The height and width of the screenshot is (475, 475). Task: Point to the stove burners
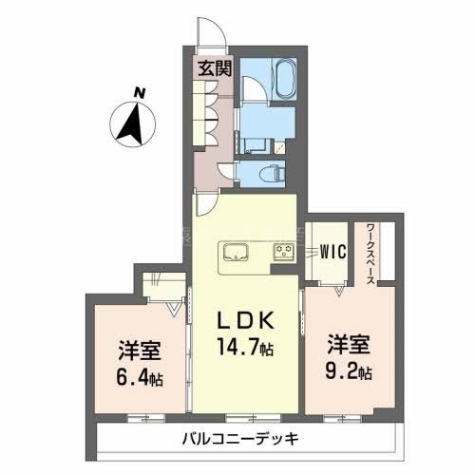(282, 252)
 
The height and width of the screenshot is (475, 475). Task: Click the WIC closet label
(332, 252)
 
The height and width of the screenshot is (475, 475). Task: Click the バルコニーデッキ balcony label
(238, 439)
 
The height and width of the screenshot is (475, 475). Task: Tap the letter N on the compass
(139, 93)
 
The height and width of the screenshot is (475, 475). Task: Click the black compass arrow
(129, 124)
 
